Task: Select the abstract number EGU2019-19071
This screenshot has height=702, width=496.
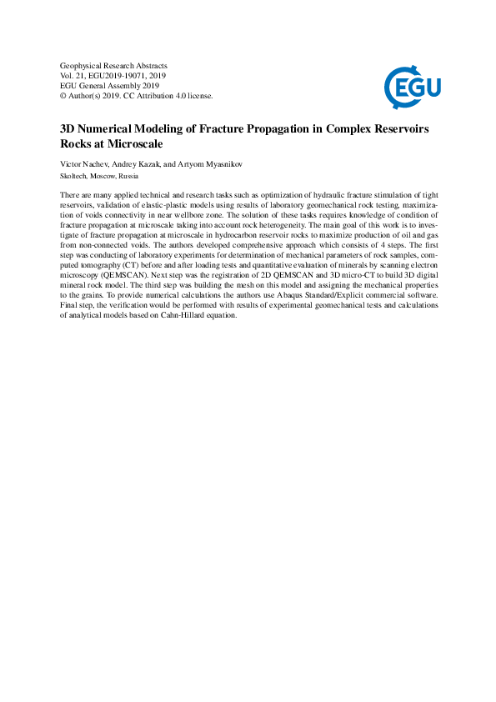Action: [119, 75]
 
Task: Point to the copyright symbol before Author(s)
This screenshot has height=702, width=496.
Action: [64, 96]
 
